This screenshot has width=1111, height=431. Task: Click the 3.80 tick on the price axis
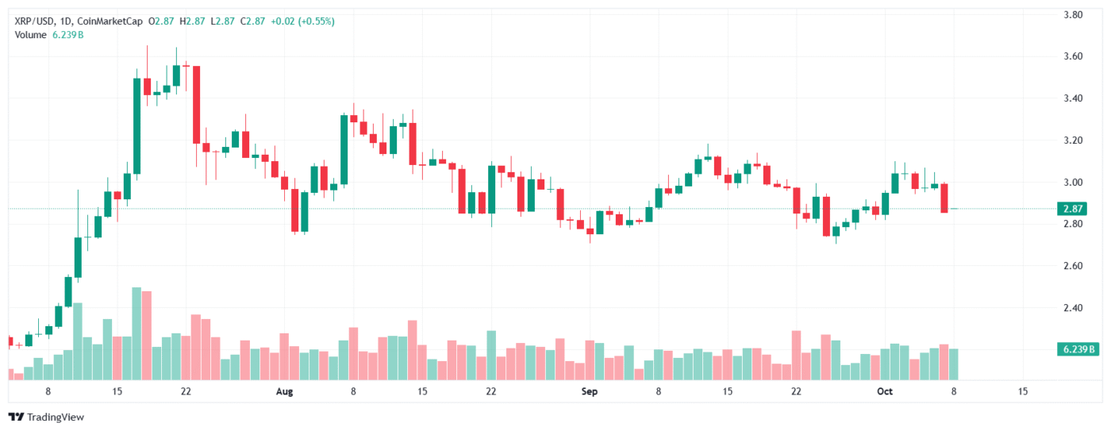click(1073, 14)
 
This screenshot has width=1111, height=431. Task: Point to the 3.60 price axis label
click(1073, 56)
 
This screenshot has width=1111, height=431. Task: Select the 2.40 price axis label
click(1073, 308)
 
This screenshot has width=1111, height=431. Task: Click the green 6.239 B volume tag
click(1078, 349)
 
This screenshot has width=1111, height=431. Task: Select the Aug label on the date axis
click(285, 391)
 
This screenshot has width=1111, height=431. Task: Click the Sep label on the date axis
click(588, 391)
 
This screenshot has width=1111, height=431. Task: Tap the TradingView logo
click(46, 417)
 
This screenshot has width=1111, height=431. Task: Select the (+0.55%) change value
click(316, 21)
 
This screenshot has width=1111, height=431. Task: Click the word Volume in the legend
click(31, 35)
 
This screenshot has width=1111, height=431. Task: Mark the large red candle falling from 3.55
click(196, 104)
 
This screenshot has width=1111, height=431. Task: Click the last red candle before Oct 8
click(944, 198)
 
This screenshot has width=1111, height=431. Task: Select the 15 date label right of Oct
click(1022, 391)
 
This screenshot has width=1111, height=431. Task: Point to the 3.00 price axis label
click(1073, 183)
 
